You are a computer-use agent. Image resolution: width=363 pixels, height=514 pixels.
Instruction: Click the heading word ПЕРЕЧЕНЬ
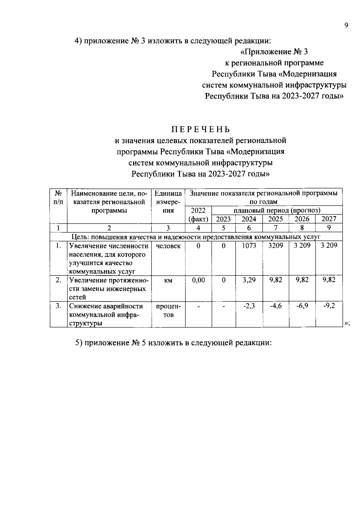201,130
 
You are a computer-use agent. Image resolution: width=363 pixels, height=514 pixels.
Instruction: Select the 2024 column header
249,219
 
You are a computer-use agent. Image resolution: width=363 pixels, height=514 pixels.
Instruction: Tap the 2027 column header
329,219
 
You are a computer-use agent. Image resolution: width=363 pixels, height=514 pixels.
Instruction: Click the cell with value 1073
249,246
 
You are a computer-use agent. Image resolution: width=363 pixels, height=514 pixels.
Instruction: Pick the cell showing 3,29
249,280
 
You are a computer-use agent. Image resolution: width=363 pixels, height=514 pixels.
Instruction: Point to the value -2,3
249,306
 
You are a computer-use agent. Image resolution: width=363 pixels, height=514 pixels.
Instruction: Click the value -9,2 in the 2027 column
329,306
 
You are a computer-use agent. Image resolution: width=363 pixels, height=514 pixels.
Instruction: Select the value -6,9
302,306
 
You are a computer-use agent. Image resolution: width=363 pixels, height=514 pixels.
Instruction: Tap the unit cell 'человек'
168,246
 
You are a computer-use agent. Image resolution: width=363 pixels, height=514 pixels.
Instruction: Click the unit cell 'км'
168,280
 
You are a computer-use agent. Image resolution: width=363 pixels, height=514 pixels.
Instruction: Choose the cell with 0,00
198,280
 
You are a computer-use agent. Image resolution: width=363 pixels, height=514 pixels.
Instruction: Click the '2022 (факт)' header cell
198,215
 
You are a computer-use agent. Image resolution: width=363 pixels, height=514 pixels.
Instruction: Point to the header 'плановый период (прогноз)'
277,210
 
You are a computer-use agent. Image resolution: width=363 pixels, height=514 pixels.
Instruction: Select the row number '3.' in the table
58,306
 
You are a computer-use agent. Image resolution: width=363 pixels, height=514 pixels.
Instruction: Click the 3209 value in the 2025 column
276,246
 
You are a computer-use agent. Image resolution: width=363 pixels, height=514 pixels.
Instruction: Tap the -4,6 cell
276,306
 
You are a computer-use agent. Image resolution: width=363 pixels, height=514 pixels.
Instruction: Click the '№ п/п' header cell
58,197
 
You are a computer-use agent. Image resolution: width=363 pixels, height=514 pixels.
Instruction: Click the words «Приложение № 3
274,52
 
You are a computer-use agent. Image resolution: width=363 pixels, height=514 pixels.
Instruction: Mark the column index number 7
276,228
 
